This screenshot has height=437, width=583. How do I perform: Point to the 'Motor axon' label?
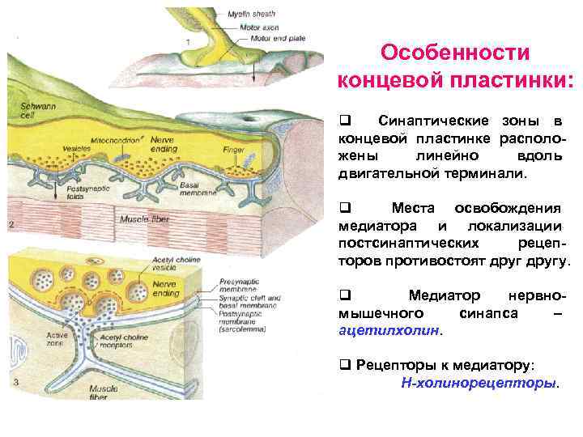point(257,26)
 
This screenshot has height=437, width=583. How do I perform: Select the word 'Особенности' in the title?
point(455,53)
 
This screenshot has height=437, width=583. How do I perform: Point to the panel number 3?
point(15,381)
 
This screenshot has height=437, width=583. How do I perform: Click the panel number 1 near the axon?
point(188,40)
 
